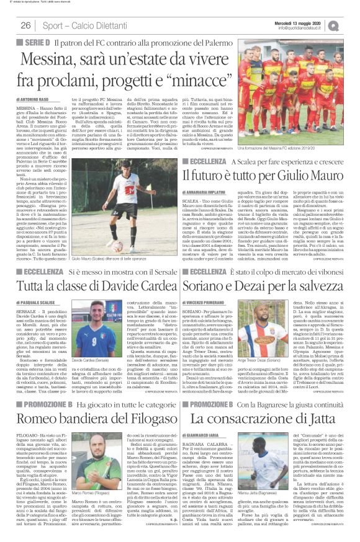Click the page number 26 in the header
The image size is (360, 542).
point(25,25)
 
